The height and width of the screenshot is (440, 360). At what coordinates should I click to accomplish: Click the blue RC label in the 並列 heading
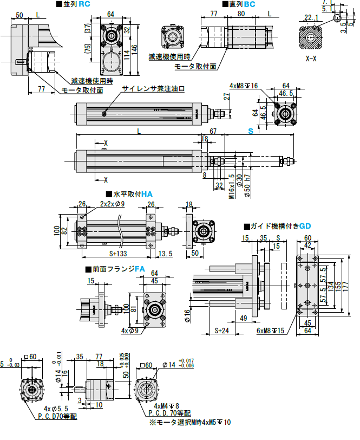(x=84, y=4)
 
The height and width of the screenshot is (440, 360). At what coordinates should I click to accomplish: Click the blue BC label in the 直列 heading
(x=250, y=4)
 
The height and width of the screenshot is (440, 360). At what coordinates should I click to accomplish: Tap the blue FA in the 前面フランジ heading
(x=140, y=269)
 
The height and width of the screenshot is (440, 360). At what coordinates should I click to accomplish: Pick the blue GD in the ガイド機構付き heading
(x=305, y=225)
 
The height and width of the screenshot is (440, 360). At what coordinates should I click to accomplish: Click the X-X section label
(x=311, y=58)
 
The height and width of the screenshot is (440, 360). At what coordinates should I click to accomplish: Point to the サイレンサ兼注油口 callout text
(x=154, y=89)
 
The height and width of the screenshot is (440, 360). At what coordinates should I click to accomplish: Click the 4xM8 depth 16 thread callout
(x=244, y=86)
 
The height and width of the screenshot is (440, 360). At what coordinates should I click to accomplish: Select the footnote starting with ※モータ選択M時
(x=189, y=422)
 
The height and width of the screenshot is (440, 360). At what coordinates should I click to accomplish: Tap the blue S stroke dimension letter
(x=251, y=132)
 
